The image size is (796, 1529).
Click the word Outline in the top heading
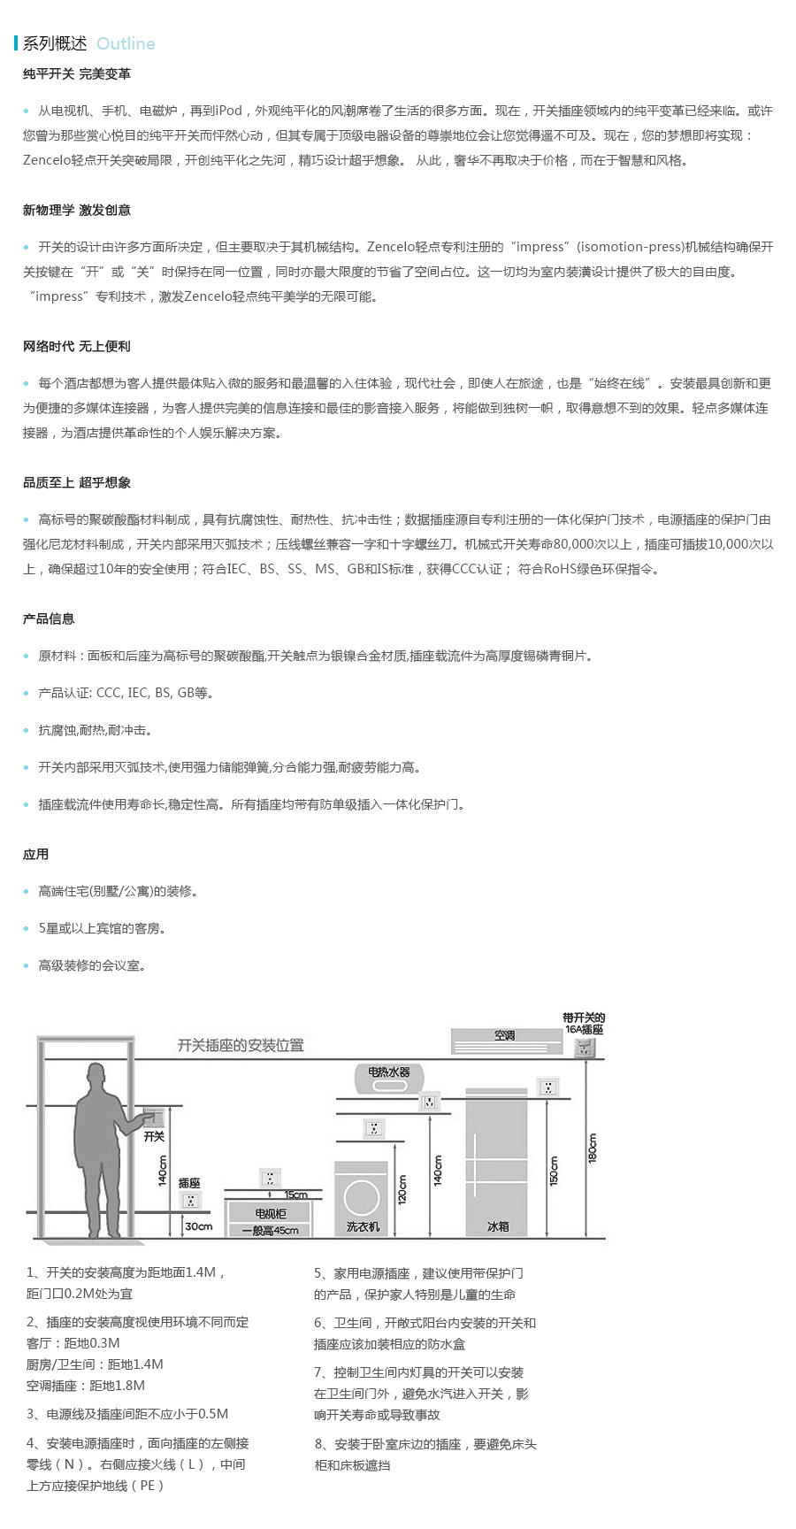(x=126, y=43)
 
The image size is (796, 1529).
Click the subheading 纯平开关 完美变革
(x=77, y=74)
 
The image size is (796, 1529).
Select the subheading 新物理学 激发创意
(x=77, y=211)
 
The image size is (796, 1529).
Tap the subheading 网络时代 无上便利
(x=77, y=347)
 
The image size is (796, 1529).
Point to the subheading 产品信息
(x=49, y=619)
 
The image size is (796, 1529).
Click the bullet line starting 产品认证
(x=126, y=694)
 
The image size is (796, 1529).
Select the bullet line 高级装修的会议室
(x=92, y=966)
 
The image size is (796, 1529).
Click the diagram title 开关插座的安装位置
(x=241, y=1045)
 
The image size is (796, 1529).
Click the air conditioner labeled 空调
(x=506, y=1041)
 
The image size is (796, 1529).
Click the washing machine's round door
(x=362, y=1199)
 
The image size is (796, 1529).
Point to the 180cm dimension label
(x=592, y=1148)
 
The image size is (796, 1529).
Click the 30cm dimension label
(x=198, y=1226)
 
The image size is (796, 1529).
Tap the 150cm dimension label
(x=554, y=1171)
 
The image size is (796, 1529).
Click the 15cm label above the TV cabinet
(x=295, y=1195)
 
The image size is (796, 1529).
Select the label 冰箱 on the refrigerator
(x=498, y=1227)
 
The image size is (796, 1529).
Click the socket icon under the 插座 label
(x=189, y=1201)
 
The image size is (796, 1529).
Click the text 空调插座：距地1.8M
(x=86, y=1386)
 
